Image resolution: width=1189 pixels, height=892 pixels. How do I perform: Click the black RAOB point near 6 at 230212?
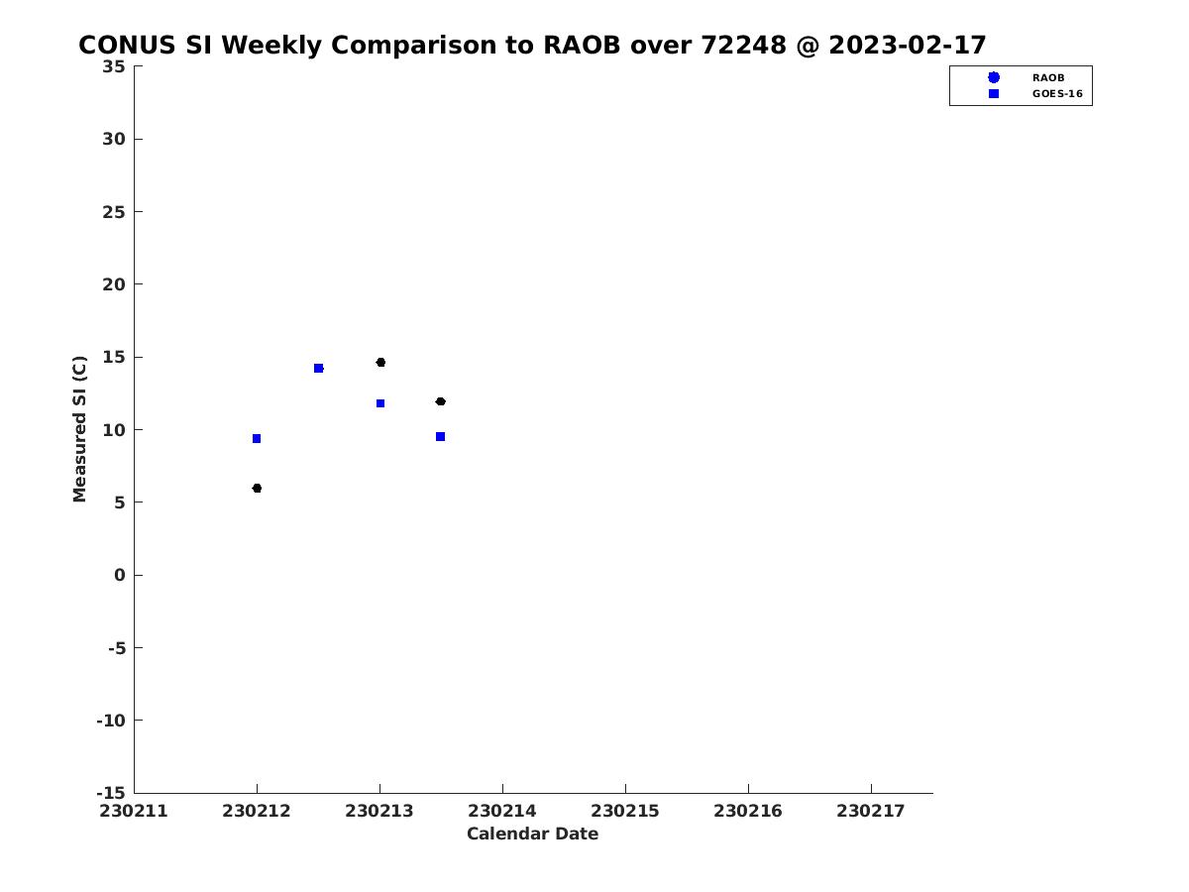tap(257, 488)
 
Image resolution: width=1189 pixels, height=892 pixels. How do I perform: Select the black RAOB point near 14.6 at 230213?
tap(380, 363)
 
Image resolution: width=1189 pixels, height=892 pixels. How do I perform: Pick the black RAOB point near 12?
tap(440, 401)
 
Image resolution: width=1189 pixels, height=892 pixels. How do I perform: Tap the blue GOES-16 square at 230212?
tap(257, 438)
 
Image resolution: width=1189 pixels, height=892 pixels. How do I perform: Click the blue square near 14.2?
tap(318, 369)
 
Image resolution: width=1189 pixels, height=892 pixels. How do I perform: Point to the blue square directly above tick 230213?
tap(380, 403)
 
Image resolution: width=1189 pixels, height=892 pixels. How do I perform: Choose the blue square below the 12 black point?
tap(440, 436)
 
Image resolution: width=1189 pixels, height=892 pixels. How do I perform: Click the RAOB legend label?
tap(1048, 78)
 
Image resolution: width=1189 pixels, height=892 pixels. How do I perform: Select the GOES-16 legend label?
tap(1057, 94)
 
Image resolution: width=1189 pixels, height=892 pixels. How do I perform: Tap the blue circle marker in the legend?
tap(994, 77)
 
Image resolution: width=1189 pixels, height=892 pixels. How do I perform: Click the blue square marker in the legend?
tap(994, 94)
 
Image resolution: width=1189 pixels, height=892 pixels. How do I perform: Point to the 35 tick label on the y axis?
tap(114, 66)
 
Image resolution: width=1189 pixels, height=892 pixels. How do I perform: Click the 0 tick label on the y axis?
tap(120, 575)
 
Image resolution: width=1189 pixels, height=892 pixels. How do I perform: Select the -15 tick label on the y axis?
tap(111, 793)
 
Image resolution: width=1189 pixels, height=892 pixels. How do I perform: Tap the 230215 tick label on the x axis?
tap(625, 811)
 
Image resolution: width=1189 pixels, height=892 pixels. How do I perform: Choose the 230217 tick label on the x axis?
tap(871, 811)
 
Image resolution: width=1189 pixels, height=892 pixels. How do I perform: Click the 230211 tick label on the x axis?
tap(134, 811)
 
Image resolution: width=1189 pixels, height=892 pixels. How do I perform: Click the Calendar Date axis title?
tap(532, 834)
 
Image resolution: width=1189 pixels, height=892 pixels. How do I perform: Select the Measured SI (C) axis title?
tap(79, 429)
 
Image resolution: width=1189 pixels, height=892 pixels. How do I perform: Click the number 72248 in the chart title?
tap(743, 45)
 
